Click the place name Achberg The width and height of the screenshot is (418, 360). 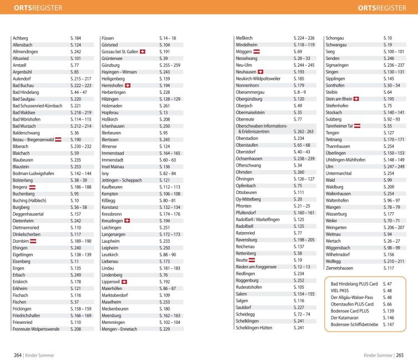pyautogui.click(x=20, y=38)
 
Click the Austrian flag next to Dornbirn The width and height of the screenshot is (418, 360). pyautogui.click(x=33, y=241)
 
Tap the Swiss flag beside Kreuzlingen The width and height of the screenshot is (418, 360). pyautogui.click(x=127, y=221)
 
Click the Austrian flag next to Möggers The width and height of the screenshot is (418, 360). pyautogui.click(x=256, y=52)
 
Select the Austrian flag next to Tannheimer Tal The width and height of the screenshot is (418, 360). pyautogui.click(x=357, y=126)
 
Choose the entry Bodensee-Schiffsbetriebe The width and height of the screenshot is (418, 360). pyautogui.click(x=355, y=324)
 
